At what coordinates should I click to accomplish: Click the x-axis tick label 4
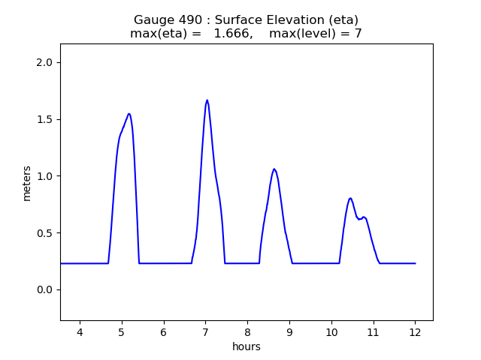tap(80, 332)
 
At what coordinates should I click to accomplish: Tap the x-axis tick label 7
tap(205, 332)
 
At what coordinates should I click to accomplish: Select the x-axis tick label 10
tap(331, 332)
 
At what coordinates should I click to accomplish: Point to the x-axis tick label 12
tap(415, 332)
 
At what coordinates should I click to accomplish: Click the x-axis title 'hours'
tap(247, 346)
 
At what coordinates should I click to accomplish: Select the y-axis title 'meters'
tap(27, 183)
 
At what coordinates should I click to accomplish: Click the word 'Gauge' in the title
tap(153, 20)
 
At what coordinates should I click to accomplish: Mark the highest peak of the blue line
tap(207, 100)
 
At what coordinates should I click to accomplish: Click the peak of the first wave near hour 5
tap(129, 114)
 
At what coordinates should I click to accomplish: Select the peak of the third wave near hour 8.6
tap(274, 169)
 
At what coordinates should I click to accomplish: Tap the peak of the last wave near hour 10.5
tap(350, 198)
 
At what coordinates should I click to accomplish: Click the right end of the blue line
tap(415, 263)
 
